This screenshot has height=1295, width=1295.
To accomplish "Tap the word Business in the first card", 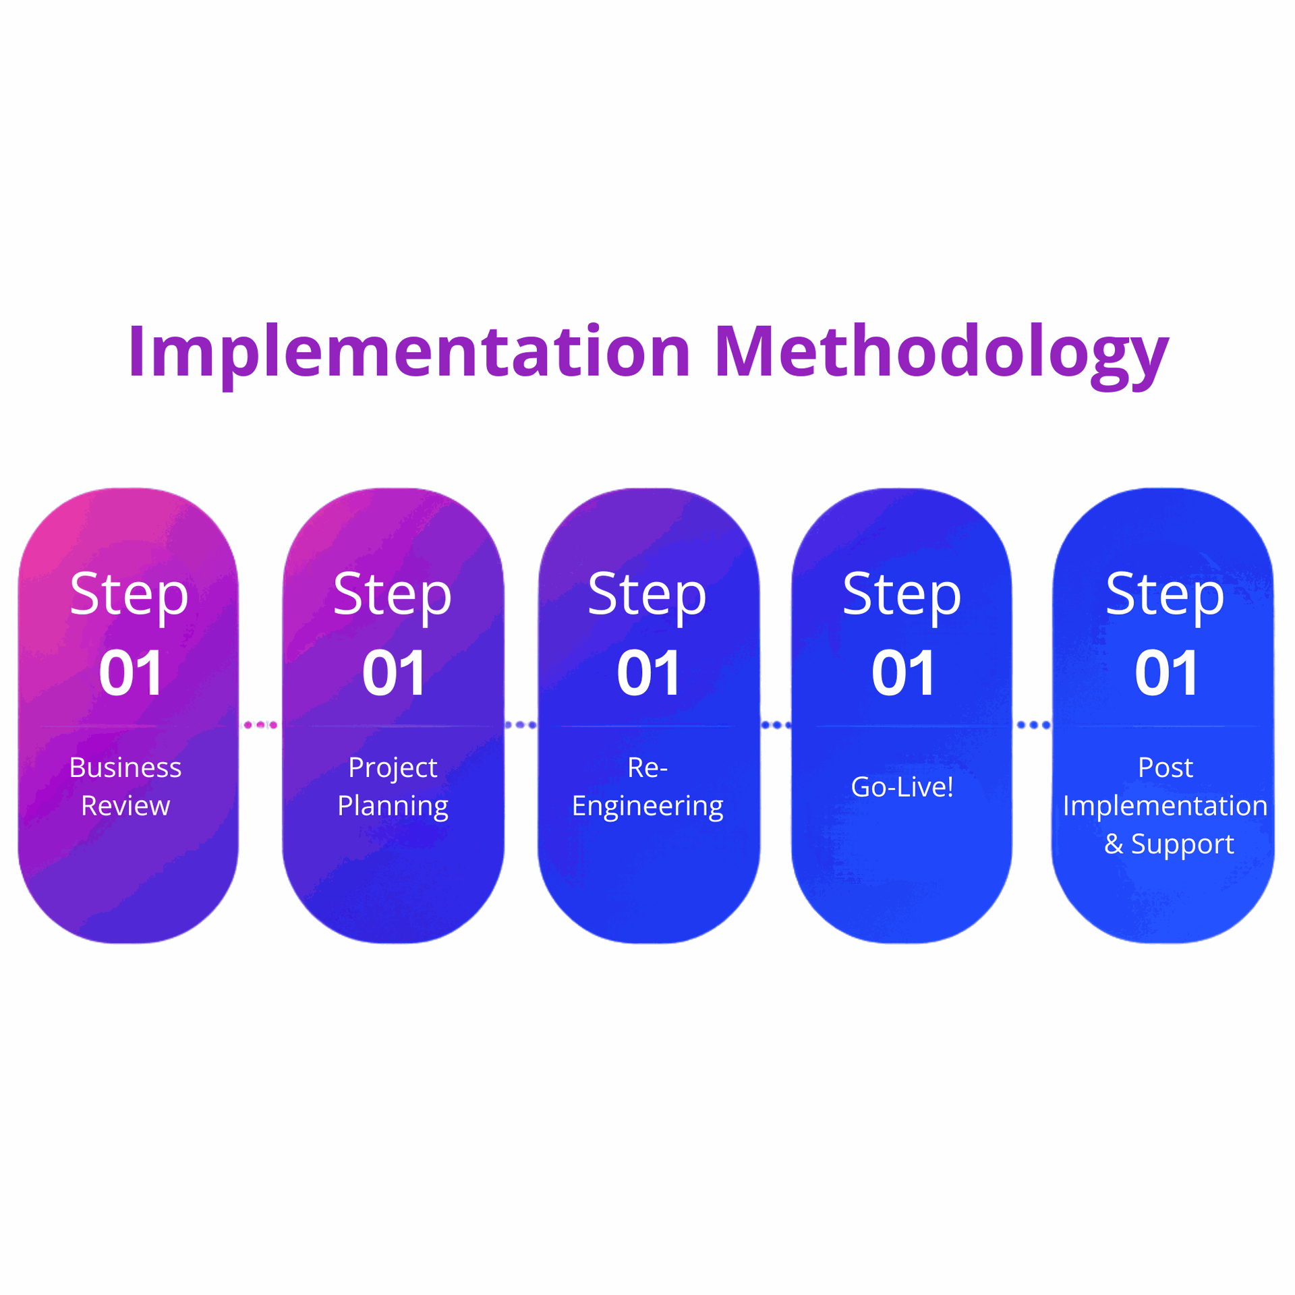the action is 125,768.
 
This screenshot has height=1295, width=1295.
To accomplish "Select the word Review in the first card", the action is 125,806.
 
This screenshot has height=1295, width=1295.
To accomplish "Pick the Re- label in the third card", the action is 647,768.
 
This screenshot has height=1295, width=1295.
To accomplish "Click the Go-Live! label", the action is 902,787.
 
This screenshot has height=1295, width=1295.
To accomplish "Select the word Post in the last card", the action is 1165,768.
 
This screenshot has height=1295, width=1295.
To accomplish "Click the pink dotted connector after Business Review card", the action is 260,725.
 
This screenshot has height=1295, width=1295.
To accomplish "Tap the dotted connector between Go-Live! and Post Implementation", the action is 1033,725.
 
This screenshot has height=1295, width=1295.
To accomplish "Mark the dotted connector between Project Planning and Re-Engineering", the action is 521,725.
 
